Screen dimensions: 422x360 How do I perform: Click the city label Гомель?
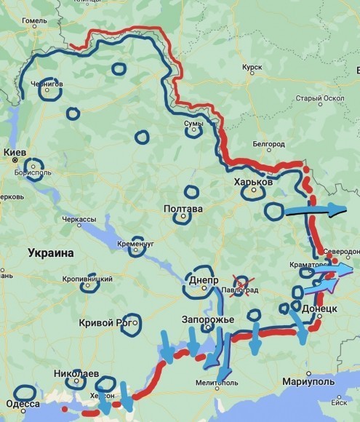pos(34,21)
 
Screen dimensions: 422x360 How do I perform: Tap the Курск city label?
pos(252,67)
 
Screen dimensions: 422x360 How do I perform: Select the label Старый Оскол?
pos(319,98)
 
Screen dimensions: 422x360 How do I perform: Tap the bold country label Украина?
pos(51,253)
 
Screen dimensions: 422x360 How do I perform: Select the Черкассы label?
pos(79,219)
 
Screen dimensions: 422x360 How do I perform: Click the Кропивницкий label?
pos(87,279)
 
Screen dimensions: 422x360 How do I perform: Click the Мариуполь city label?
pos(309,381)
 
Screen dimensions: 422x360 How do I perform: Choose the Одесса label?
pos(23,404)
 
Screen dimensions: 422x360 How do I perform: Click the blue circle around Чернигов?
pos(48,88)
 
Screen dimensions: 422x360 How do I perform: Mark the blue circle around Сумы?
pos(193,128)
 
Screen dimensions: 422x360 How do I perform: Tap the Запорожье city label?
pos(207,320)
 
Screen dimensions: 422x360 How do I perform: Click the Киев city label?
pos(15,152)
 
